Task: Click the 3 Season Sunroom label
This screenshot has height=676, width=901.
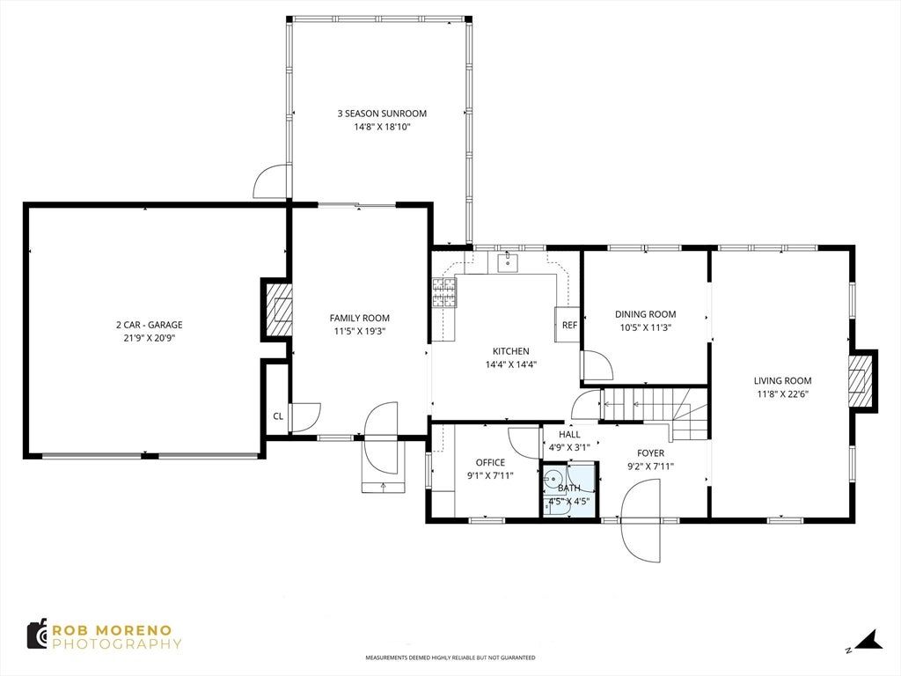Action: coord(382,114)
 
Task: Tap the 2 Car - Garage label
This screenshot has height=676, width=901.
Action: coord(149,325)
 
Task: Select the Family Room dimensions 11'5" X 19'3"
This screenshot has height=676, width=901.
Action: coord(360,331)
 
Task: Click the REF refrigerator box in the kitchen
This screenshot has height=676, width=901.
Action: coord(568,325)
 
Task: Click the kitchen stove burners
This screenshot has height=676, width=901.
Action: coord(443,292)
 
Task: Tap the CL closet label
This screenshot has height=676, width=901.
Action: coord(278,416)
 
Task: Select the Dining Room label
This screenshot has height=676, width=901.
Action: coord(645,314)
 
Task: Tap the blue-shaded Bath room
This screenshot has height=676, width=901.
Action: coord(570,489)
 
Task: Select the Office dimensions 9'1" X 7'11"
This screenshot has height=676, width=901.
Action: coord(490,475)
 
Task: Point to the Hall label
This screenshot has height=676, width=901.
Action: coord(569,435)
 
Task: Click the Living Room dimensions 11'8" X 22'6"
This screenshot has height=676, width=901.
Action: coord(782,393)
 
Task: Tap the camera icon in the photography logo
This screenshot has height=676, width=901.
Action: coord(37,634)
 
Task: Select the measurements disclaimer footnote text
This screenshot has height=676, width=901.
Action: coord(450,658)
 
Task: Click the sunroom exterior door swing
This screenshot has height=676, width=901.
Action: coord(271,180)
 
